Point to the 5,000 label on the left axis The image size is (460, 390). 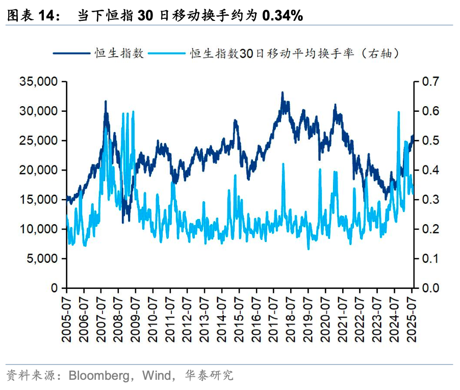[41, 259]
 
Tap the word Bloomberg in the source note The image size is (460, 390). [97, 376]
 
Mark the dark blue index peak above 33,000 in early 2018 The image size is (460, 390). [283, 93]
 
